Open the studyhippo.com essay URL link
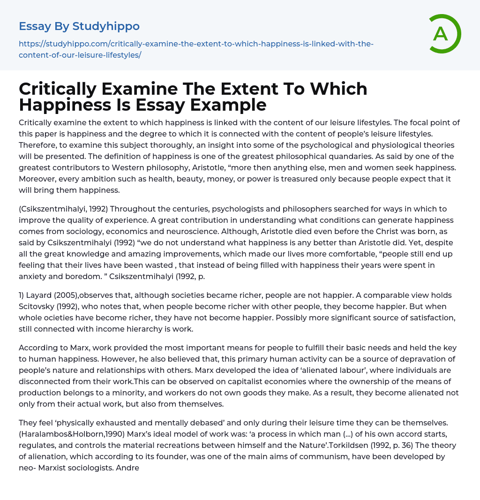[196, 49]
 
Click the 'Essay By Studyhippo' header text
[79, 26]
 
